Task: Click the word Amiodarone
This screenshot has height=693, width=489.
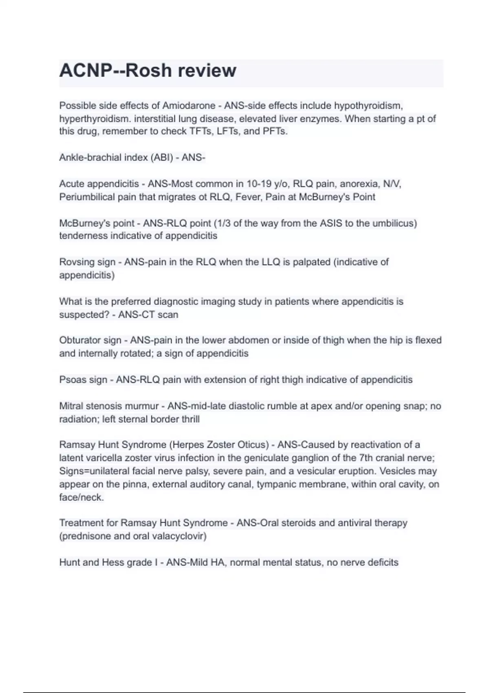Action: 189,106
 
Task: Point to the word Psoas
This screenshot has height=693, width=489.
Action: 71,380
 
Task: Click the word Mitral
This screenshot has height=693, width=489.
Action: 71,406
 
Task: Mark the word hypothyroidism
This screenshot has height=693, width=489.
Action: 368,106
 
